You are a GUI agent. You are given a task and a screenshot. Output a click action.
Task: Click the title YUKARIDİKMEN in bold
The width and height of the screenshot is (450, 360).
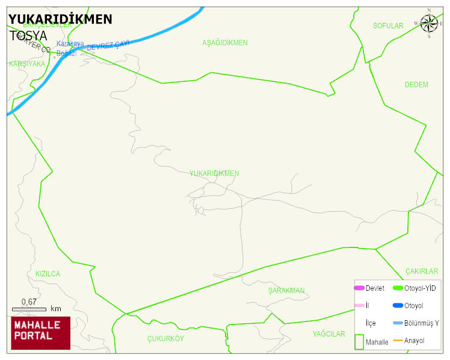(x=60, y=19)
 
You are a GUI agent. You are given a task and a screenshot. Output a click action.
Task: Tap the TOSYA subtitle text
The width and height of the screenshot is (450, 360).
(x=28, y=36)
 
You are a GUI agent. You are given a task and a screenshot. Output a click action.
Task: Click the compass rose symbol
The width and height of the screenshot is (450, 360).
(x=429, y=23)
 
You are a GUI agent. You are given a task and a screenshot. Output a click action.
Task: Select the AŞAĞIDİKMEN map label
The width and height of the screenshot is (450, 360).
(x=225, y=43)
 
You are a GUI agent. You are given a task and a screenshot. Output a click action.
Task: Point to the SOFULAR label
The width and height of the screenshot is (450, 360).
(x=388, y=26)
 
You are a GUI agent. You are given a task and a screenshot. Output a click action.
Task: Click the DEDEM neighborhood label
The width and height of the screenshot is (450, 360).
(x=416, y=85)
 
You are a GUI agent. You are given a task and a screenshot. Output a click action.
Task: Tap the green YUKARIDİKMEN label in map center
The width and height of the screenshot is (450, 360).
(x=214, y=173)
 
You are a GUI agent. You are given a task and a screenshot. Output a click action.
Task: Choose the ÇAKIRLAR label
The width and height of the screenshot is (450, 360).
(x=422, y=272)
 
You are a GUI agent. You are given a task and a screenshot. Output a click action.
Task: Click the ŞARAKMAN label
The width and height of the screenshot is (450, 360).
(x=286, y=291)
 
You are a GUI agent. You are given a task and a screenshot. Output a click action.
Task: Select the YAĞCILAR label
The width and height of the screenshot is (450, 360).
(x=328, y=334)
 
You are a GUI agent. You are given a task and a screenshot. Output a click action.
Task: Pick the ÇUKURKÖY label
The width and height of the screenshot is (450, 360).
(x=165, y=339)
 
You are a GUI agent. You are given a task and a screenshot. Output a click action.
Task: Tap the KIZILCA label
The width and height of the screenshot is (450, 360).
(x=48, y=274)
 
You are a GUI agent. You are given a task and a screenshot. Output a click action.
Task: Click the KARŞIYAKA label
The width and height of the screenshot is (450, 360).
(x=27, y=63)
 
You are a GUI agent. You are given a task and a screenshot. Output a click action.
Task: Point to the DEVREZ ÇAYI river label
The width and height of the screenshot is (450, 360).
(x=108, y=45)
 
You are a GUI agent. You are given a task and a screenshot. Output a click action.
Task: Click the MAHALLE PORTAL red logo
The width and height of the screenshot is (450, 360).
(x=41, y=333)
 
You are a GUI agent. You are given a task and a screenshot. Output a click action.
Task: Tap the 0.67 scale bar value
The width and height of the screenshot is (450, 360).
(x=29, y=302)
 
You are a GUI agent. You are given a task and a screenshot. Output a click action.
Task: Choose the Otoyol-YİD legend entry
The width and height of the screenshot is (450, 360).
(x=420, y=288)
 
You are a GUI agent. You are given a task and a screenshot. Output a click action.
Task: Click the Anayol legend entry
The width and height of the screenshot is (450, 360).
(x=414, y=341)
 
